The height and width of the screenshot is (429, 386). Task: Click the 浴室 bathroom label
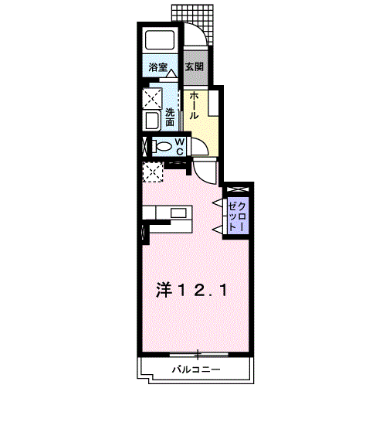(x=158, y=67)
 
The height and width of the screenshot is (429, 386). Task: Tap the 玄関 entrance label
(x=195, y=66)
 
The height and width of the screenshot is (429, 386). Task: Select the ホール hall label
(x=194, y=105)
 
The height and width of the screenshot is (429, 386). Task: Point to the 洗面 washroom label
(x=170, y=117)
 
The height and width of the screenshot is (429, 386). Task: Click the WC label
(x=179, y=147)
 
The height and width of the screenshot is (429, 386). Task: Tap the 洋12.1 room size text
(x=191, y=291)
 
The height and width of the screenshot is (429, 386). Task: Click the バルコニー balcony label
(x=196, y=370)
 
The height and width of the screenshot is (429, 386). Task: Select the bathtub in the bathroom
(x=160, y=40)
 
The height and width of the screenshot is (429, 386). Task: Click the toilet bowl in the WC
(x=163, y=147)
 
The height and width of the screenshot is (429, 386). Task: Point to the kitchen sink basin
(x=178, y=213)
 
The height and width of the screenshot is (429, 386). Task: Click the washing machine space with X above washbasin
(x=152, y=98)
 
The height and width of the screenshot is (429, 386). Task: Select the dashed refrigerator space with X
(x=153, y=172)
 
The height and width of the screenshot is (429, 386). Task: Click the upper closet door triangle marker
(x=218, y=203)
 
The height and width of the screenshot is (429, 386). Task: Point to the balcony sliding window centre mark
(x=198, y=355)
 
